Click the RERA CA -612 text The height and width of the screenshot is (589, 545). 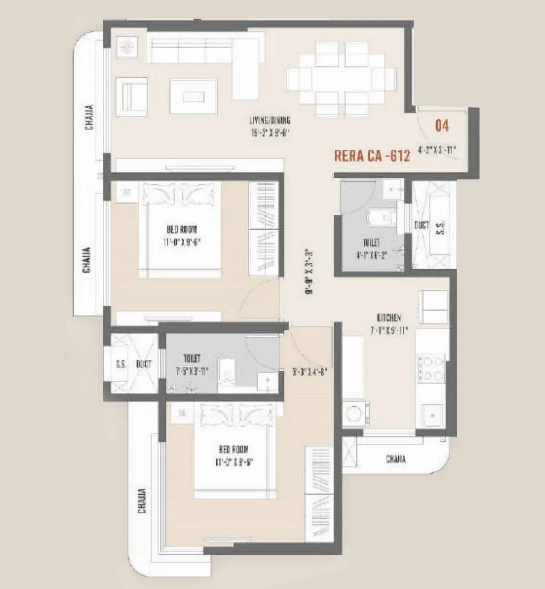(372, 156)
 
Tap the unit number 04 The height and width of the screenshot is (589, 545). (442, 126)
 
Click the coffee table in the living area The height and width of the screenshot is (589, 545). (193, 96)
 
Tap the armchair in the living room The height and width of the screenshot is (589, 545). (131, 96)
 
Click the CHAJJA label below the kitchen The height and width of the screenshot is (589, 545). (395, 459)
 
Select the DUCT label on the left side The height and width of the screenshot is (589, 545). (143, 364)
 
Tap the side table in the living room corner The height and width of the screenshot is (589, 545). (128, 47)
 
